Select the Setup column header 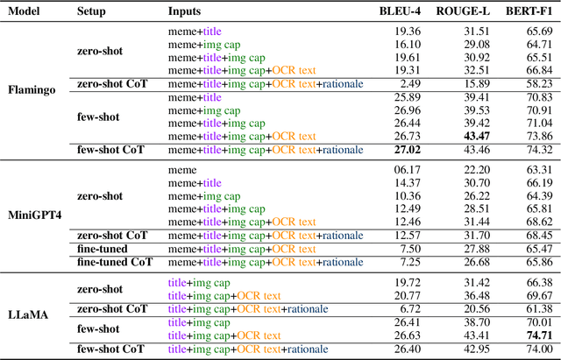[x=92, y=11]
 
